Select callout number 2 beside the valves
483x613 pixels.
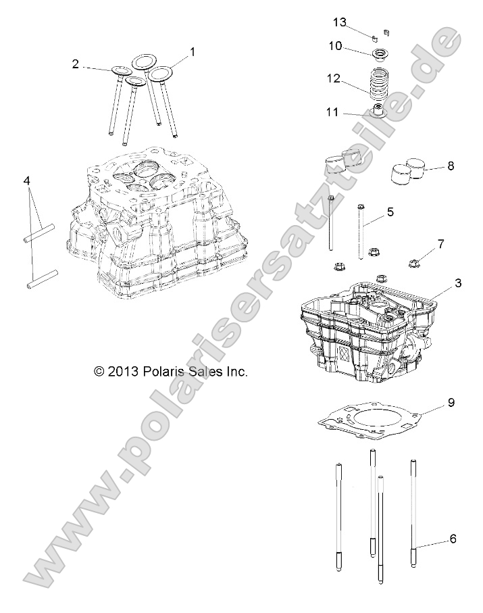(x=76, y=64)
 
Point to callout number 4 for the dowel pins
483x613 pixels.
(x=26, y=181)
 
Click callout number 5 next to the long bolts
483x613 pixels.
(x=390, y=212)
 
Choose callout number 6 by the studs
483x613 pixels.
(x=453, y=539)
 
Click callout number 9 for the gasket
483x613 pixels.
(x=451, y=403)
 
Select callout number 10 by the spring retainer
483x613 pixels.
(x=336, y=46)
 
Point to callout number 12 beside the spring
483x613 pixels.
(x=334, y=78)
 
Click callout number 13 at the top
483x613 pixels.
(x=339, y=22)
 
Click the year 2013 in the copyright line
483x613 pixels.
(x=124, y=371)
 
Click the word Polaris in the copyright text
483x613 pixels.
(x=163, y=371)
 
